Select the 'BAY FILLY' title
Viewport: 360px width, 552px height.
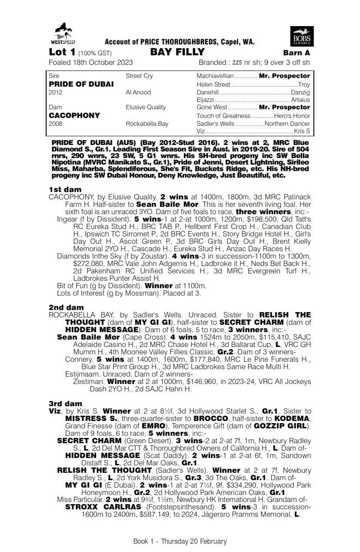[177, 52]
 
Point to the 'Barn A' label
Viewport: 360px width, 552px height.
[296, 53]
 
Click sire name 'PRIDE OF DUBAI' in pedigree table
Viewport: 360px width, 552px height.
[81, 84]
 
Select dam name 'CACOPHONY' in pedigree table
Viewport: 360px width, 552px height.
[74, 115]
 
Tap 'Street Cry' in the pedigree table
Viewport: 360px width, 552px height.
[139, 76]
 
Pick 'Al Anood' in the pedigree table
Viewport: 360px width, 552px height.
[138, 92]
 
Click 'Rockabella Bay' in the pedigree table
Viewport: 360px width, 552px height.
[147, 124]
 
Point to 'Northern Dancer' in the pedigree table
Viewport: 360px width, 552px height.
[287, 124]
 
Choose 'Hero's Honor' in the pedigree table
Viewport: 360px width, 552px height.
[292, 116]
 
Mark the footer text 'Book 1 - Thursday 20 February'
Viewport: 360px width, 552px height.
[180, 542]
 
